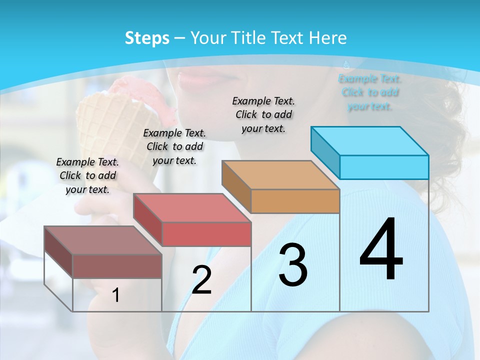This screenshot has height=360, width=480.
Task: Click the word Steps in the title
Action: pyautogui.click(x=147, y=38)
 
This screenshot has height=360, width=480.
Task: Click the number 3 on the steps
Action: pyautogui.click(x=293, y=265)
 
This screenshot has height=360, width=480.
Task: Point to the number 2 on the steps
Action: pyautogui.click(x=202, y=280)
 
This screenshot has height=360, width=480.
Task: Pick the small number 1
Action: pyautogui.click(x=116, y=295)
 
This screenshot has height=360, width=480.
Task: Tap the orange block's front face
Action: pyautogui.click(x=295, y=201)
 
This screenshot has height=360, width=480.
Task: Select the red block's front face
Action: pyautogui.click(x=206, y=234)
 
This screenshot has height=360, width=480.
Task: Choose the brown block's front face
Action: pyautogui.click(x=117, y=266)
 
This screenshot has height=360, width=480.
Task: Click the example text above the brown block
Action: pyautogui.click(x=87, y=175)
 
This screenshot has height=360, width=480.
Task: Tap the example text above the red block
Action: pyautogui.click(x=174, y=146)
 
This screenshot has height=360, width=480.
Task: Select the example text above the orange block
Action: pyautogui.click(x=263, y=114)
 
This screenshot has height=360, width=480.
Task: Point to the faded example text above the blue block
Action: pyautogui.click(x=370, y=92)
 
